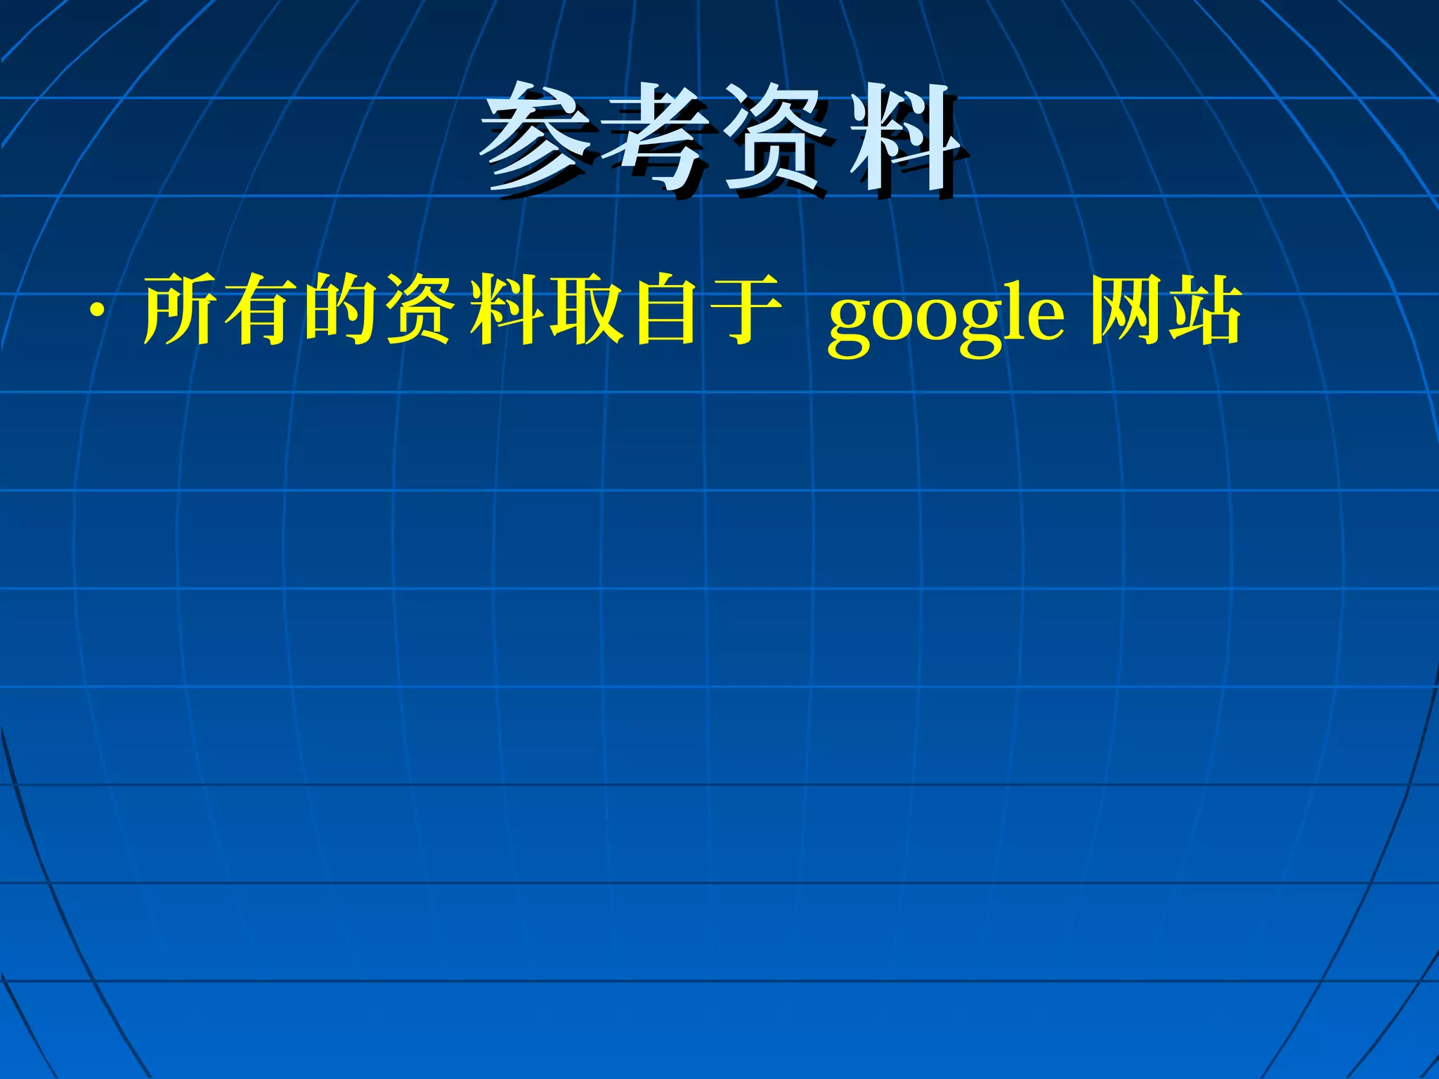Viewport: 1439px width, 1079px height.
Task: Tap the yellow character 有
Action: point(261,310)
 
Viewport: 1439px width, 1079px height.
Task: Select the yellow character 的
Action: point(342,310)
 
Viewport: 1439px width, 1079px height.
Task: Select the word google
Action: point(946,320)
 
